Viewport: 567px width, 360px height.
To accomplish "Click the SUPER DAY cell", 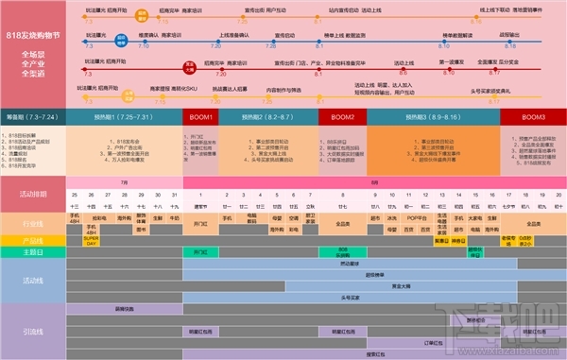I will click(x=92, y=240).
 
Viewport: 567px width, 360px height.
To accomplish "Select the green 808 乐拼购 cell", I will click(x=342, y=252).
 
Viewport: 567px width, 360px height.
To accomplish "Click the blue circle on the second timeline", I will click(x=122, y=41).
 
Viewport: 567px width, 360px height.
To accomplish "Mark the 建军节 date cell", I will click(x=199, y=205).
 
